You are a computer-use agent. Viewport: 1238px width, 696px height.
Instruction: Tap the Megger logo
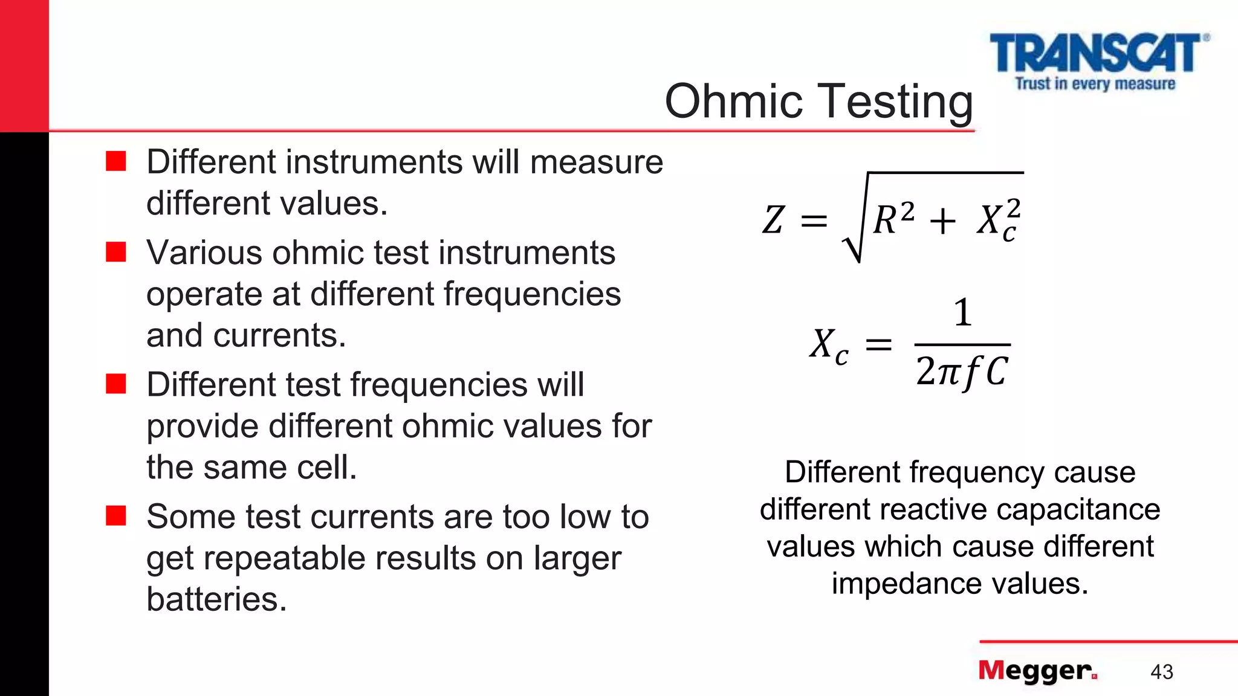pos(1037,671)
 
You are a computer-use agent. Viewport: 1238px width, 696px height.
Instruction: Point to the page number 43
pos(1161,672)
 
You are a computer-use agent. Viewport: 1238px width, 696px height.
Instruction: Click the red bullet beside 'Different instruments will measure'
pos(115,161)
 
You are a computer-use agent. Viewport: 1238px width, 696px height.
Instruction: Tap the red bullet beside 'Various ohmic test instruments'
pos(115,252)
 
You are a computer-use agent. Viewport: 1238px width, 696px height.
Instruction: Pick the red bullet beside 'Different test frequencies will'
pos(115,384)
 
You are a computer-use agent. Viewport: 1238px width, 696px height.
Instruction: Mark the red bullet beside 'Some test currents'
pos(115,516)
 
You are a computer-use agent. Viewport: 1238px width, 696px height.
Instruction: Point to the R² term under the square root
pos(893,218)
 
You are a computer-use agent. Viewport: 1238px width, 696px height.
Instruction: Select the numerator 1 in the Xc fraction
pos(962,313)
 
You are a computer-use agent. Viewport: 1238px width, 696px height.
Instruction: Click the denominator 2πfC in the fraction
pos(962,370)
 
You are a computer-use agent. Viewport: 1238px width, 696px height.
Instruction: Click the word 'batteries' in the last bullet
pos(216,599)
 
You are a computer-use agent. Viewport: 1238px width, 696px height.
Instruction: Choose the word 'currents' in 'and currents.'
pos(279,335)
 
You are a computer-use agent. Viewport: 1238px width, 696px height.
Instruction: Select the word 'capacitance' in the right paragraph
pos(1078,509)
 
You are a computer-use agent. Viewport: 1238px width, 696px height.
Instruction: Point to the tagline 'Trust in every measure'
pos(1095,83)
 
